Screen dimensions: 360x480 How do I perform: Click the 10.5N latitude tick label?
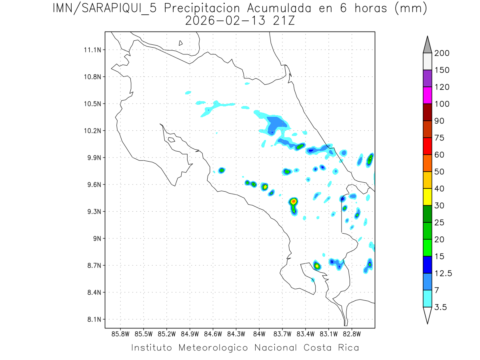[92, 104]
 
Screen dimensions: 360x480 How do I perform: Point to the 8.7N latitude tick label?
[92, 266]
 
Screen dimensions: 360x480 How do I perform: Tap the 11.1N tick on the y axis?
[92, 50]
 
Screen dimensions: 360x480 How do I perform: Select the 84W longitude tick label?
[259, 334]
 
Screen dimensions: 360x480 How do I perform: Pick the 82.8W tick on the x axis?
[352, 334]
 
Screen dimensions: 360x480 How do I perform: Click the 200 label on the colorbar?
[442, 53]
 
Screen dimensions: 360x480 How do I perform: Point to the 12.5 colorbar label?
[443, 273]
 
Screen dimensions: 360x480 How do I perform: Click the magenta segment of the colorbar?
[427, 96]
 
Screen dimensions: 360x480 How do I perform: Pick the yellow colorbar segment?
[427, 197]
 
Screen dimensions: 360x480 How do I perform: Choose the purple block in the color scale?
[427, 78]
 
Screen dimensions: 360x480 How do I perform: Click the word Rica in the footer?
[347, 348]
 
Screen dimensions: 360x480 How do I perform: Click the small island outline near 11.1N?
[181, 43]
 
